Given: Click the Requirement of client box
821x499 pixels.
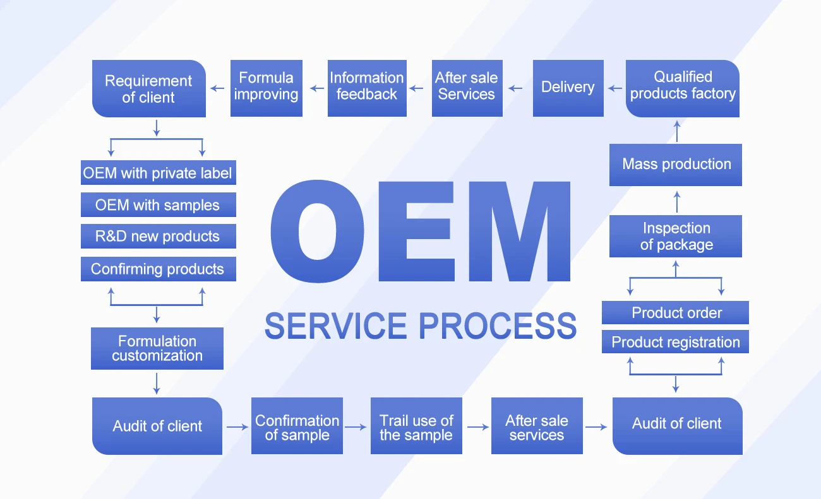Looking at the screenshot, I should (149, 89).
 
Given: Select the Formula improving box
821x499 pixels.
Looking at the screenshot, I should (266, 88).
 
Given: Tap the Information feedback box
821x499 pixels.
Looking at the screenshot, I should (366, 88).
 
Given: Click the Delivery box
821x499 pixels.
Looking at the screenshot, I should (568, 88).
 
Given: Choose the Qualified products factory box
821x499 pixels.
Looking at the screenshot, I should (682, 88).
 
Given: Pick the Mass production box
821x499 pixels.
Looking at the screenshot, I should (676, 165).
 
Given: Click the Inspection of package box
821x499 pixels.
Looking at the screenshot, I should (676, 237).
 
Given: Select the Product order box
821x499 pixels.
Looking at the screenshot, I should (676, 313).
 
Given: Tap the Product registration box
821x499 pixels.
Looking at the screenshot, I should (676, 343).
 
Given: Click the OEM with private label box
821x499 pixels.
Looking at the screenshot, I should (158, 173).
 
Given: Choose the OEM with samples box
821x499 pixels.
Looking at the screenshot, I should (158, 205).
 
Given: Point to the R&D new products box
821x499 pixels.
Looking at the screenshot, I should (158, 237).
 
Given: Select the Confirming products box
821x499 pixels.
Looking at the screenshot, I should (158, 269).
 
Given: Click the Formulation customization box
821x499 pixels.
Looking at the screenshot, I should (157, 348).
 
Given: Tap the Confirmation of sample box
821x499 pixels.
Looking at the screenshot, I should (297, 426).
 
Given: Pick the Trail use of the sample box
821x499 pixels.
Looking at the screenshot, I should (416, 426).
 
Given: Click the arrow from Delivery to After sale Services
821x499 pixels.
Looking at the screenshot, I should (515, 88).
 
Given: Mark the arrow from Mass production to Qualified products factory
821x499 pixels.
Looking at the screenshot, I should (676, 131).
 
